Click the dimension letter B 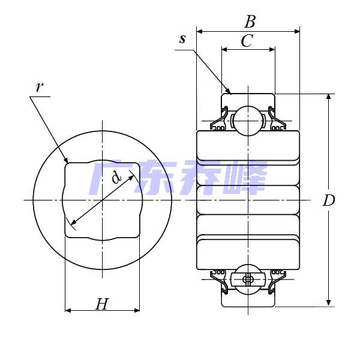tap(250, 22)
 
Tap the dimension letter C tap(247, 41)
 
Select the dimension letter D tap(329, 200)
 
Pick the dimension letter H tap(102, 304)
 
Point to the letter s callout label tap(182, 39)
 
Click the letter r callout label tap(40, 87)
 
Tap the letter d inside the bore tap(116, 177)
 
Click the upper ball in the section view tap(248, 121)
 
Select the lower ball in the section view tap(248, 280)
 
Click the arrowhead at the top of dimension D tap(328, 97)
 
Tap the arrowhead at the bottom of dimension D tap(328, 304)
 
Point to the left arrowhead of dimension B tap(199, 31)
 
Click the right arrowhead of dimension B tap(297, 31)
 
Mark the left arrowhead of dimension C tap(224, 49)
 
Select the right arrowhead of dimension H tap(137, 310)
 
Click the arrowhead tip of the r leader tap(68, 163)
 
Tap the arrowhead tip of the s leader tap(231, 94)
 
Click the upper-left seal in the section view tap(219, 118)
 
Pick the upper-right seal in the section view tap(277, 118)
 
